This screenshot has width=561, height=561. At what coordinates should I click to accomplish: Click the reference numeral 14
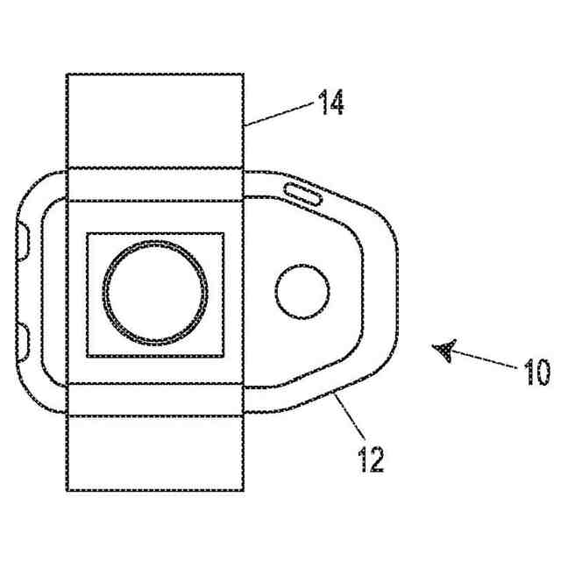330,105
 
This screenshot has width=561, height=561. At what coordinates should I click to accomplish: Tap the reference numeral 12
371,458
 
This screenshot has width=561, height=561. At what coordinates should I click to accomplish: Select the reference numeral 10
537,372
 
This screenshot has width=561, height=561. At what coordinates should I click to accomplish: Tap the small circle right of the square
302,293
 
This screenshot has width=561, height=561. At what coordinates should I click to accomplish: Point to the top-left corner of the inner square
87,233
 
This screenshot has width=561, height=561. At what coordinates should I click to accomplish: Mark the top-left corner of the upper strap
67,74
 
